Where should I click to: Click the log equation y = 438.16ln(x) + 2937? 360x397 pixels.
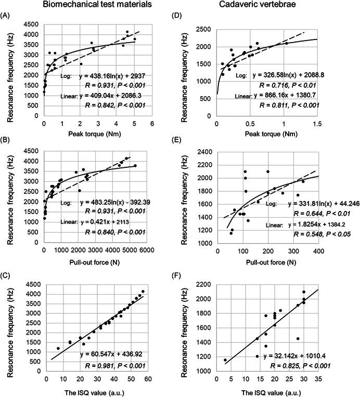112,76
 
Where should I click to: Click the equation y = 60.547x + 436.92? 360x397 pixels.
113,354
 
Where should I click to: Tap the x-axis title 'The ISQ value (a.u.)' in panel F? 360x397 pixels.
268,390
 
